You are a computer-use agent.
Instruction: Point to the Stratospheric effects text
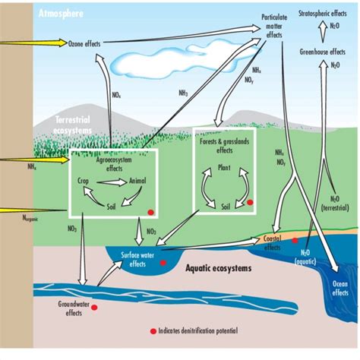click(x=327, y=12)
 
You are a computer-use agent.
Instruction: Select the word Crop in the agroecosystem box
click(x=84, y=182)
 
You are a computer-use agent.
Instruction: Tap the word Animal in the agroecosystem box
click(x=137, y=182)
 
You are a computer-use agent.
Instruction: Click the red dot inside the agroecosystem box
click(x=151, y=213)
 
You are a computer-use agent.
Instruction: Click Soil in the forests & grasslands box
click(x=226, y=205)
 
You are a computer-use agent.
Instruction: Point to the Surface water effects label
click(x=138, y=261)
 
